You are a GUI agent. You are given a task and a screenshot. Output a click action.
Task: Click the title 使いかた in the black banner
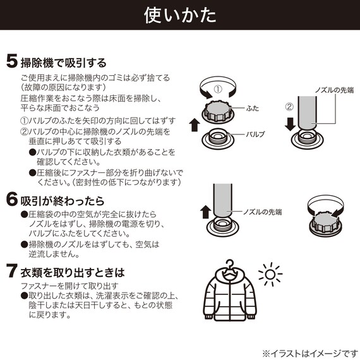pos(180,15)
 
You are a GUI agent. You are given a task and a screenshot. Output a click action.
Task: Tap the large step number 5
pos(11,62)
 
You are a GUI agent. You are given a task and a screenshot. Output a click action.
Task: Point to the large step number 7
pos(11,273)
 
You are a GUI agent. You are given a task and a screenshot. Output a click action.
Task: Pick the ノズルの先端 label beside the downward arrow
pos(334,90)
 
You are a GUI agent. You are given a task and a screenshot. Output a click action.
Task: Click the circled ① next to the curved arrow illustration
pos(217,89)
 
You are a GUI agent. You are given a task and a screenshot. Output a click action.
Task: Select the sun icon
pos(271,275)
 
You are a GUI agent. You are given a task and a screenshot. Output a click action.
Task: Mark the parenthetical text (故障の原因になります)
pos(60,87)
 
